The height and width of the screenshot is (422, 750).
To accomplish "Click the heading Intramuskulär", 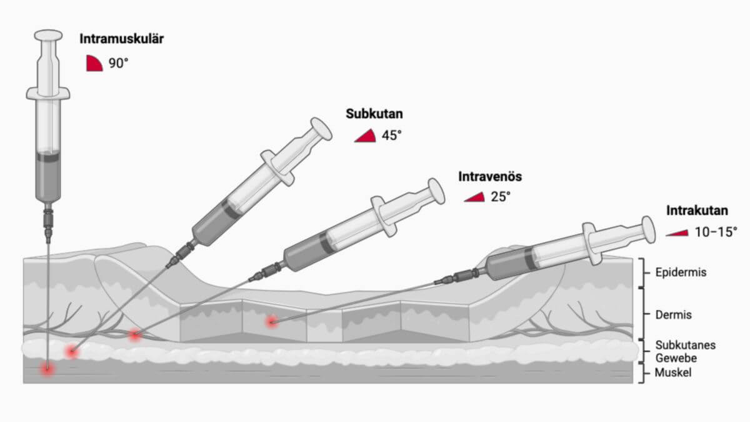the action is click(121, 39).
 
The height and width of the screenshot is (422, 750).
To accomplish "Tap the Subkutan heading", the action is click(374, 114).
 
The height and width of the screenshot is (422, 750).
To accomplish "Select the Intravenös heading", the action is click(490, 176).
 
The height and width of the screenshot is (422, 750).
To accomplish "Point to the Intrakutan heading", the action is click(697, 211).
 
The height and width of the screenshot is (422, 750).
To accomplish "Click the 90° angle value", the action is click(118, 63).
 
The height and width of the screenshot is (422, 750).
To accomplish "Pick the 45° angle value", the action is click(392, 136).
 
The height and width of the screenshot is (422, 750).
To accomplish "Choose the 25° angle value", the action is click(501, 196).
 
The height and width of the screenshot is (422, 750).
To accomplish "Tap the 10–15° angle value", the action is click(716, 232).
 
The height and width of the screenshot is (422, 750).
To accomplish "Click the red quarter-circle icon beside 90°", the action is click(94, 64).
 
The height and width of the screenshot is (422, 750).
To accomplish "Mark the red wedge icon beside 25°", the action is click(476, 198).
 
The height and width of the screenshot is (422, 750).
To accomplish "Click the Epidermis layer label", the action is click(681, 273).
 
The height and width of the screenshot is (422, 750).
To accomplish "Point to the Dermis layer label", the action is click(673, 315).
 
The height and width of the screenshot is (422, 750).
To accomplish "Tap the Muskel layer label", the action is click(673, 373).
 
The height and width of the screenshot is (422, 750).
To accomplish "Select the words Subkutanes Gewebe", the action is click(686, 351).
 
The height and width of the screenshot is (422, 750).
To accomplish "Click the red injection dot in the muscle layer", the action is click(47, 369).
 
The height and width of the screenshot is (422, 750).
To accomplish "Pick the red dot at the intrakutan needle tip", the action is click(271, 322).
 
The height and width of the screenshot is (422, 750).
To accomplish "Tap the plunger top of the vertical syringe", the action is click(49, 35).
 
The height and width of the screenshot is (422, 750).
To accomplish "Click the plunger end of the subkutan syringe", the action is click(321, 129).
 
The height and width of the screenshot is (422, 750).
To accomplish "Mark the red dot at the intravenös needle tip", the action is click(134, 334).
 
